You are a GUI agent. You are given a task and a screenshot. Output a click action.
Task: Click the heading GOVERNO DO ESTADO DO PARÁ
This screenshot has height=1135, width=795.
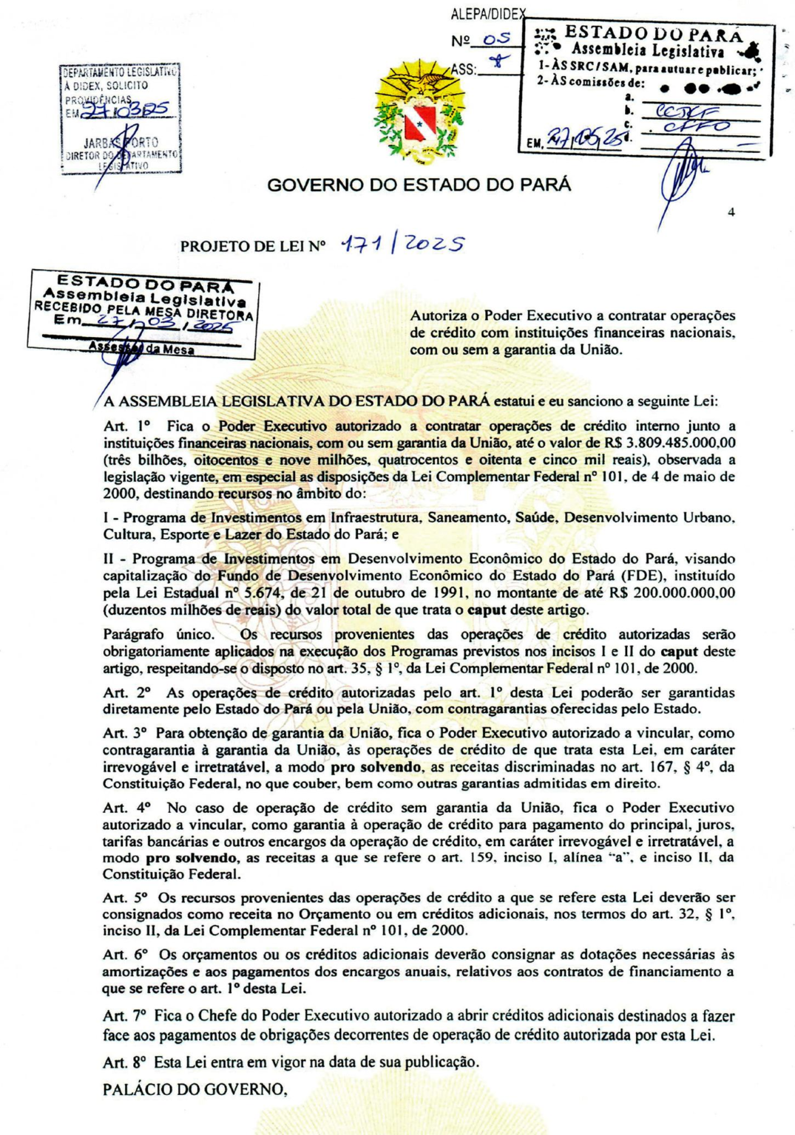[x=419, y=185]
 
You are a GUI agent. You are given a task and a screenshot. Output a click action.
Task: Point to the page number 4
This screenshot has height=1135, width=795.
[x=731, y=213]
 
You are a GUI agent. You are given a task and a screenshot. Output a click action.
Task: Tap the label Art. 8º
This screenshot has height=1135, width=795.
[x=125, y=1063]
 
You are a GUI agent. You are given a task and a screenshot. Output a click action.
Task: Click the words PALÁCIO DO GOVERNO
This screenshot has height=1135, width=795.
[x=194, y=1089]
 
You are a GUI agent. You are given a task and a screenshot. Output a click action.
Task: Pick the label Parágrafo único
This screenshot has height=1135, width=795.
[x=158, y=634]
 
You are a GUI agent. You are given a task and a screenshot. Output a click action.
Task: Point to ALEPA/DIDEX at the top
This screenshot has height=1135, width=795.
[x=488, y=14]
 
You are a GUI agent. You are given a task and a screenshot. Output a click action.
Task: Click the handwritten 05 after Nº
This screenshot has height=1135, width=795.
[x=497, y=40]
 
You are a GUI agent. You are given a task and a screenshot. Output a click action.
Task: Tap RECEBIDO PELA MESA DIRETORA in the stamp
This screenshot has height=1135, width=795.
[x=143, y=310]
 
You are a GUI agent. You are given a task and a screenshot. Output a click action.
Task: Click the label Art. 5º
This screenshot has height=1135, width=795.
[x=126, y=898]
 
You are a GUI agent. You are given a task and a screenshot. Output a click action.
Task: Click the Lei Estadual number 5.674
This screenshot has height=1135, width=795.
[x=265, y=593]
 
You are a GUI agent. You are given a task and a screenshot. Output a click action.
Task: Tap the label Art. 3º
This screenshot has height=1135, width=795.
[x=125, y=733]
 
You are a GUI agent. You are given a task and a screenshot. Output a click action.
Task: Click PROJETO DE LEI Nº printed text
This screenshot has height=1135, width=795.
[x=253, y=246]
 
